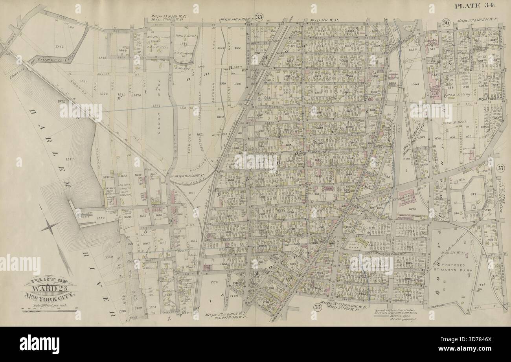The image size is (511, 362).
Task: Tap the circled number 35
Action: [259, 16]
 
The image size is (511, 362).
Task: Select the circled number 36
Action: [445, 22]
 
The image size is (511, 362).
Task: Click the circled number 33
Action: [316, 307]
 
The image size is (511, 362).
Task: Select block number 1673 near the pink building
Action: [412, 209]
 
